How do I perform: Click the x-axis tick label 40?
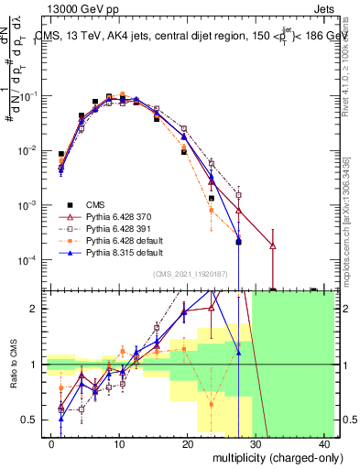click(x=324, y=443)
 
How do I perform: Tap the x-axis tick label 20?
click(x=188, y=443)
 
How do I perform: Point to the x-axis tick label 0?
click(x=51, y=443)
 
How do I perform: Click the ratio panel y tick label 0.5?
click(x=32, y=420)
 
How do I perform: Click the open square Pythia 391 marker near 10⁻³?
click(x=238, y=194)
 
